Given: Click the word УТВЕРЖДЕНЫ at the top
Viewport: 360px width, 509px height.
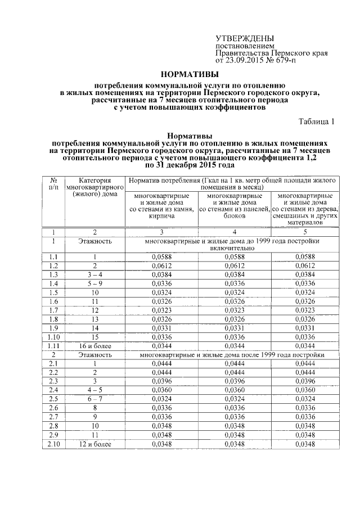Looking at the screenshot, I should pyautogui.click(x=245, y=37).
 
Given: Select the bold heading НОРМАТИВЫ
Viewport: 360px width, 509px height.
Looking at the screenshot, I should pyautogui.click(x=189, y=74).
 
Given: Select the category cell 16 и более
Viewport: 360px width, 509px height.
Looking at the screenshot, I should pyautogui.click(x=94, y=345).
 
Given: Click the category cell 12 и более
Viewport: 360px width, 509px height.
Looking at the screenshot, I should pyautogui.click(x=94, y=444).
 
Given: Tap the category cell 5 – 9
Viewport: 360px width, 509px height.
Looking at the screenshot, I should pyautogui.click(x=94, y=283).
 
